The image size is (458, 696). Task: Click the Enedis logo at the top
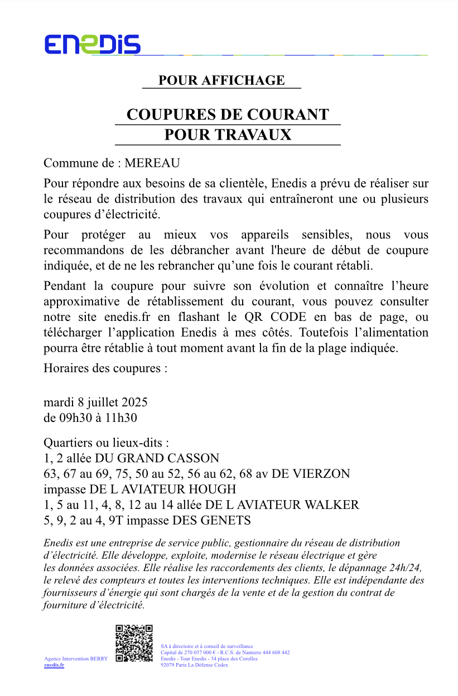pos(93,44)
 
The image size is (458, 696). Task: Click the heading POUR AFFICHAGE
pos(221,80)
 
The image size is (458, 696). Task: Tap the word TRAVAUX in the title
pos(259,135)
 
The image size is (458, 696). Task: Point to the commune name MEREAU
pos(152,164)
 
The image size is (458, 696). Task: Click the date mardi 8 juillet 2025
pos(95,402)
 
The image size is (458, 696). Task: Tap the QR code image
pos(134,644)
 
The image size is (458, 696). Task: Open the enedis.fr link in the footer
pos(54,665)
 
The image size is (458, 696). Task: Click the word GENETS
pos(227,521)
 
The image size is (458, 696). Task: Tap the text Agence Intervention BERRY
pos(76,659)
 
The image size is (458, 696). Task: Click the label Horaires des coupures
pos(105,369)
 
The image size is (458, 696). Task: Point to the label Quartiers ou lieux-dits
pos(106,443)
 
